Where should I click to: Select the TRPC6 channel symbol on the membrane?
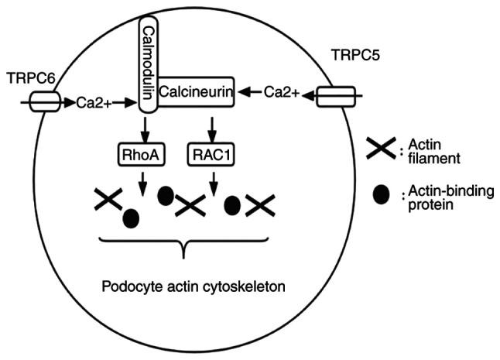click(x=43, y=101)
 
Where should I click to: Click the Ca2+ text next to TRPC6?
click(x=94, y=101)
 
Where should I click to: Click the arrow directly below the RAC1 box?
click(x=214, y=186)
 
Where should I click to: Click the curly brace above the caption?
click(x=183, y=248)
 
